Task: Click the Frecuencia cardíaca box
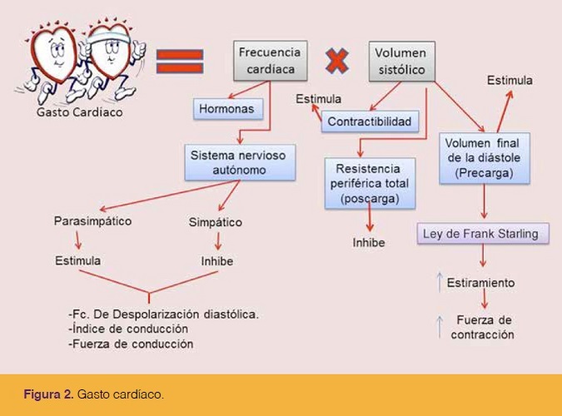coord(271,61)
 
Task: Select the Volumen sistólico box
coord(402,62)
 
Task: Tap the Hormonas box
coord(228,108)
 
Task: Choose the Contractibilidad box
coord(370,121)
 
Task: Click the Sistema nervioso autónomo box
coord(240,162)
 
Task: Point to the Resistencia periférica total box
coord(370,183)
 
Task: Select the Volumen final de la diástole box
coord(485,158)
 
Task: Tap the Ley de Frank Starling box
coord(483,234)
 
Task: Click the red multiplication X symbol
coord(337,61)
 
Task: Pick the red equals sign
coord(180,62)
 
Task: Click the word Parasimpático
coord(92,220)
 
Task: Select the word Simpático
coord(216,222)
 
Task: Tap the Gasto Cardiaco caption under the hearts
coord(80,112)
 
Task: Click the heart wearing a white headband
coord(111,57)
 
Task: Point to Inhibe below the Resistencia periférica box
coord(369,243)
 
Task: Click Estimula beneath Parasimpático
coord(77,260)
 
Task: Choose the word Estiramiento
coord(480,283)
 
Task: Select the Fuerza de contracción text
coord(483,327)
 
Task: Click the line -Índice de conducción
coord(128,329)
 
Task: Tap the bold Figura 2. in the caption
coord(49,394)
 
